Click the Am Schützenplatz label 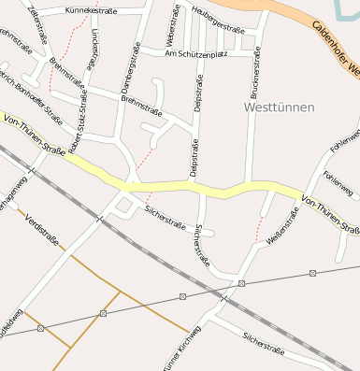(x=195, y=53)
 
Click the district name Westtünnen (x=279, y=107)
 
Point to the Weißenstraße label (x=286, y=227)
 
